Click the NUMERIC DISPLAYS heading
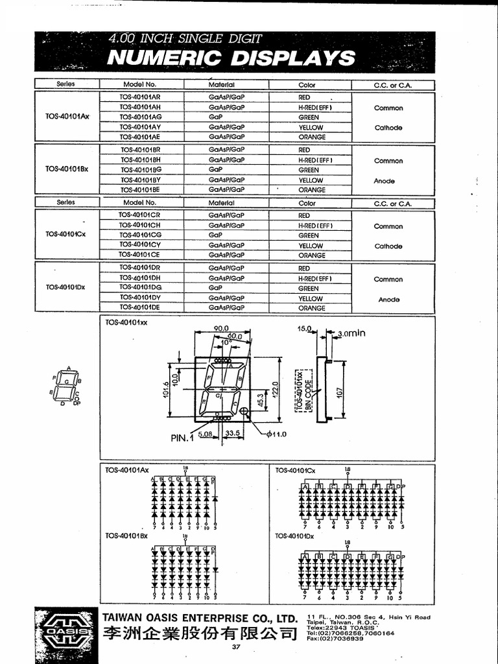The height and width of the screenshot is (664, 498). (231, 58)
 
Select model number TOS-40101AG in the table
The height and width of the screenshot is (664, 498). (141, 117)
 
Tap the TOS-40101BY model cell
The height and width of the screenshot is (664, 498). (141, 180)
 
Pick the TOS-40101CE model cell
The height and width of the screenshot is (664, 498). (139, 255)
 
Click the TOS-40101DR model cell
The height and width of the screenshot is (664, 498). (139, 268)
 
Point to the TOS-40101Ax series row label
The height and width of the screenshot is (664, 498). (66, 117)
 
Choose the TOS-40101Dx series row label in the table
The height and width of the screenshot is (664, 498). (66, 287)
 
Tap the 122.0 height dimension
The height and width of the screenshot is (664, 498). (274, 390)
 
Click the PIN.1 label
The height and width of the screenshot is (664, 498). (182, 438)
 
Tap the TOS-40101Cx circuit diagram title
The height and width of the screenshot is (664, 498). (294, 470)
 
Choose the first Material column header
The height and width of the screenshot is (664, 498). (222, 85)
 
